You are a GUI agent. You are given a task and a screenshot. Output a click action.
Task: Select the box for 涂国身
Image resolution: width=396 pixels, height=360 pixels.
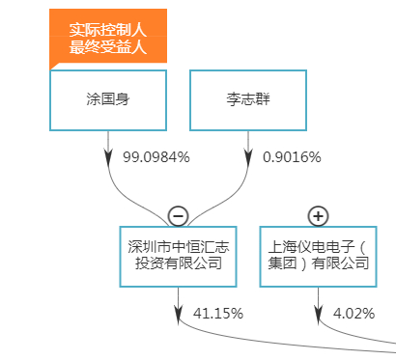[x=107, y=97]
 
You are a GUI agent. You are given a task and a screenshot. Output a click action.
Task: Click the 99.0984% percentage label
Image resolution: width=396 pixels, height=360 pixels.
[x=156, y=156]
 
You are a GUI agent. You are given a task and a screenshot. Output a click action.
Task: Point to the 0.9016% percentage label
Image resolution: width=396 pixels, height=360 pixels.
[x=291, y=156]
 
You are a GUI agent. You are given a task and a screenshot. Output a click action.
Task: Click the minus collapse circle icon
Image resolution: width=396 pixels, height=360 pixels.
[x=178, y=215]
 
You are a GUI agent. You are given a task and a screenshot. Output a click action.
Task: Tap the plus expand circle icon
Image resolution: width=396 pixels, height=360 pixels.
[x=319, y=215]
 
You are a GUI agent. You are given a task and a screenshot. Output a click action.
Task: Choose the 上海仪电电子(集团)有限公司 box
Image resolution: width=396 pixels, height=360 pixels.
[x=319, y=255]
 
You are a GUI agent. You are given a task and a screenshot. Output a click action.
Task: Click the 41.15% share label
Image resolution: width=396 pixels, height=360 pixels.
[x=218, y=313]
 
